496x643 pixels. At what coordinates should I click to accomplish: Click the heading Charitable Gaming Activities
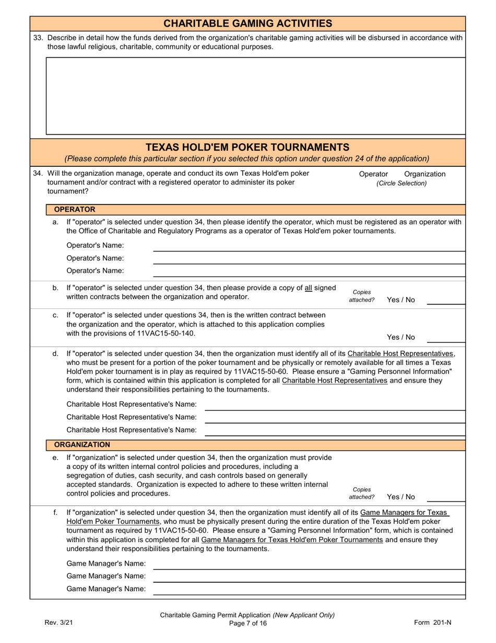click(x=247, y=24)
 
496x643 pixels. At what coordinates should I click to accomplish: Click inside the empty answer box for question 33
click(x=255, y=96)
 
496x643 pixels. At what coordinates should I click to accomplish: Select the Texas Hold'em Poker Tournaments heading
click(x=247, y=147)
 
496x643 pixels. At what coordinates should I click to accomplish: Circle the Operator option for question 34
click(x=373, y=174)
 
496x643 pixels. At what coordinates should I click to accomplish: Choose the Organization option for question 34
click(x=424, y=174)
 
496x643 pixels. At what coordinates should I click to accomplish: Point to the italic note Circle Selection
click(x=401, y=183)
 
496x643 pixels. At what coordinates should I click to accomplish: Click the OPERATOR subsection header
click(x=75, y=210)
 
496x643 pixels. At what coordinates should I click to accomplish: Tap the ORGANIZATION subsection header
click(x=82, y=445)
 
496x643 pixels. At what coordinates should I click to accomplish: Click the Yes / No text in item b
click(x=400, y=300)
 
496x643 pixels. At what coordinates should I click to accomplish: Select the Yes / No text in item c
click(x=400, y=337)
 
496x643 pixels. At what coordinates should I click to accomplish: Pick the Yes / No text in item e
click(x=400, y=497)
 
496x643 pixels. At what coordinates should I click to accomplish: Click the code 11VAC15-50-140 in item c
click(x=166, y=334)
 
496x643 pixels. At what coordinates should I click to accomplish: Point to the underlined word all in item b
click(x=308, y=288)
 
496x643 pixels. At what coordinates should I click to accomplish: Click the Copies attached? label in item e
click(x=361, y=493)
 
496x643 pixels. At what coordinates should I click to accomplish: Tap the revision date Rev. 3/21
click(x=59, y=623)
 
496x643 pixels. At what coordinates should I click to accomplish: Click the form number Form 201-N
click(x=432, y=623)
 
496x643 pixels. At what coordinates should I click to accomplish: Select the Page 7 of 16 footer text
click(x=247, y=623)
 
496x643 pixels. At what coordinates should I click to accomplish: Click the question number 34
click(x=38, y=174)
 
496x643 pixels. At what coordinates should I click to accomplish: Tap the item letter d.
click(x=55, y=354)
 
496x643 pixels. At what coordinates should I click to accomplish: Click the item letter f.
click(x=55, y=512)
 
